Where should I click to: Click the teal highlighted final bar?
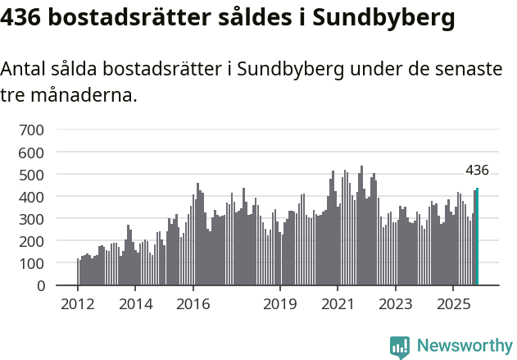click(x=477, y=238)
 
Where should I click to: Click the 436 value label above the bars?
click(x=477, y=171)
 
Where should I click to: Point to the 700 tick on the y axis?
click(x=32, y=130)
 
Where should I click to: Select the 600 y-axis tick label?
click(x=32, y=153)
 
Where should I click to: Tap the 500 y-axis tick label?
click(x=32, y=175)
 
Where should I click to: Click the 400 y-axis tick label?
click(x=32, y=197)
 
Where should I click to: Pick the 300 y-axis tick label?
click(x=32, y=219)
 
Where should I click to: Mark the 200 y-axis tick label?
click(x=32, y=242)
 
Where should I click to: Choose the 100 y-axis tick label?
click(x=32, y=264)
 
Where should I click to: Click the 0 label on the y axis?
click(x=39, y=286)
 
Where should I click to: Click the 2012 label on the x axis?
click(x=78, y=305)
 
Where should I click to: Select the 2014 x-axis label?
click(x=136, y=305)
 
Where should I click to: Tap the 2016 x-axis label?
click(x=193, y=305)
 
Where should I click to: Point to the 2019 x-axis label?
click(x=280, y=305)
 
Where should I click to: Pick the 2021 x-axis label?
click(x=338, y=305)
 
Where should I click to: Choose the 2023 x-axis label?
click(x=396, y=305)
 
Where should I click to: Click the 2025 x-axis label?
click(x=453, y=305)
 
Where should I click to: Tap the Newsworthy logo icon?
click(x=400, y=347)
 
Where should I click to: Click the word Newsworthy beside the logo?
click(x=464, y=347)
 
